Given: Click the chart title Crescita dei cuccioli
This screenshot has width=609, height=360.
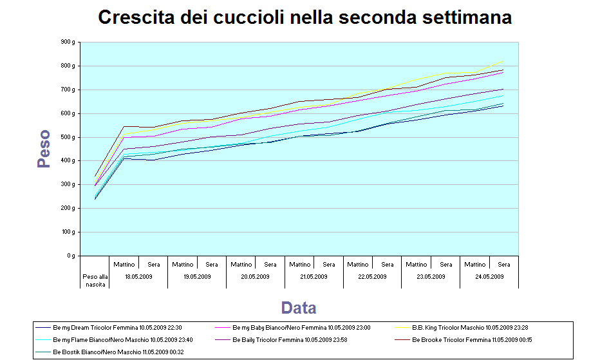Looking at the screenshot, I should [304, 17].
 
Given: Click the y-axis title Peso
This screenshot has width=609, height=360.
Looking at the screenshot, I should [44, 149].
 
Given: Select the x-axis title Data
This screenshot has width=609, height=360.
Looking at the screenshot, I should [299, 307].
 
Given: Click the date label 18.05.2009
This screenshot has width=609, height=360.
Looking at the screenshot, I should [138, 277].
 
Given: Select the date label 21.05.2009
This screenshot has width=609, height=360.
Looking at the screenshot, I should [314, 277].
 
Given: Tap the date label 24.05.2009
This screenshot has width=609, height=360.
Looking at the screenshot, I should [489, 277].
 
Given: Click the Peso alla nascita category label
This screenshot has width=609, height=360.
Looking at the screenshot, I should [94, 280].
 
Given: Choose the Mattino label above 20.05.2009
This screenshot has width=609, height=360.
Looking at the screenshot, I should [241, 264].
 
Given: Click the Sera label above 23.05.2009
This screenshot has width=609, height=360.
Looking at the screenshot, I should [445, 264].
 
